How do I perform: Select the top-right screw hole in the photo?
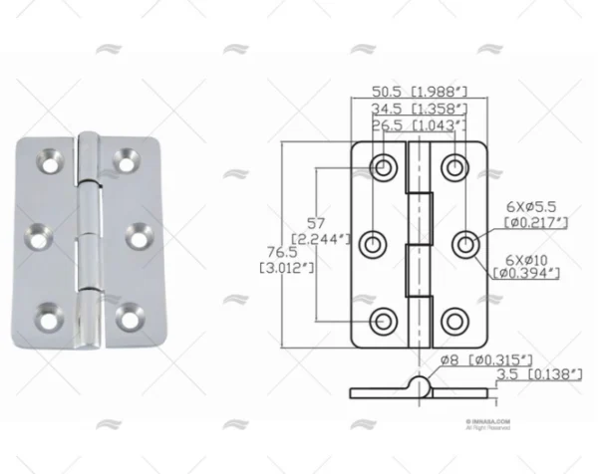point(126,157)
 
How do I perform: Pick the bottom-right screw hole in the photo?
point(126,318)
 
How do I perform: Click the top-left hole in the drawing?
point(383,167)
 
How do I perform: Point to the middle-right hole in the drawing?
point(464,243)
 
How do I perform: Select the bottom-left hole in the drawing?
point(383,320)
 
